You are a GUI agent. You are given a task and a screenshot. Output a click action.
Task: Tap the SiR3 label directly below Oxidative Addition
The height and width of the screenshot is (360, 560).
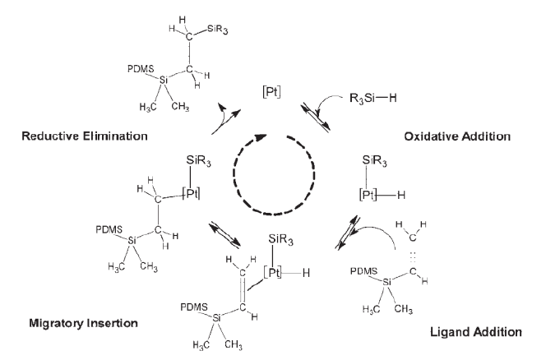pos(375,161)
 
